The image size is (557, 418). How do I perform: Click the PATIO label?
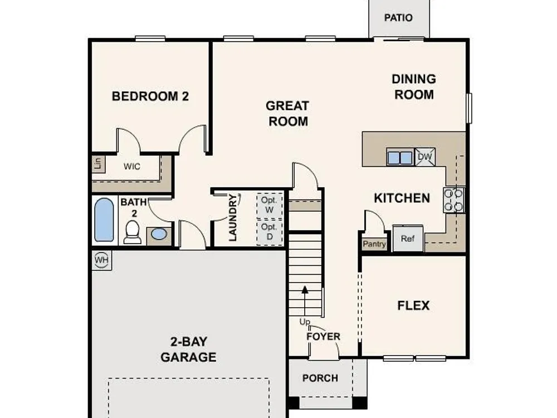click(x=398, y=18)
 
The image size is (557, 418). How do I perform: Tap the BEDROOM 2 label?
click(x=150, y=96)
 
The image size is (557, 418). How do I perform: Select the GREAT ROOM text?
click(x=288, y=113)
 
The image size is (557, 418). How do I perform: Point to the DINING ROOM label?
click(x=414, y=87)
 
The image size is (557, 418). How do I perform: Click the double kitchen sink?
click(x=400, y=157)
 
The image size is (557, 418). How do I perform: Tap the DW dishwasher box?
click(x=425, y=157)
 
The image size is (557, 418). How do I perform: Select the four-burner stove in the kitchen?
click(x=453, y=200)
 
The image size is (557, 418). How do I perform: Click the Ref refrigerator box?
click(x=408, y=238)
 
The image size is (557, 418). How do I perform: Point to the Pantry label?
click(x=374, y=244)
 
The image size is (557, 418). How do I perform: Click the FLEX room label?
click(x=413, y=305)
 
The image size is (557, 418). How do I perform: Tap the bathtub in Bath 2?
click(x=105, y=220)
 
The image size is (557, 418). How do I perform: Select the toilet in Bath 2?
click(x=133, y=232)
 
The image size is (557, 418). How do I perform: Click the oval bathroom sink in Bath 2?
click(x=158, y=234)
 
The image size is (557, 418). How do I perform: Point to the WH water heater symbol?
click(x=101, y=260)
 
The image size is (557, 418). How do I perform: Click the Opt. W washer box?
click(x=270, y=205)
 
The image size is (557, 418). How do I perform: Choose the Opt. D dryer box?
click(x=270, y=232)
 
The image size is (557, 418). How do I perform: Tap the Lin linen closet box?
click(x=99, y=164)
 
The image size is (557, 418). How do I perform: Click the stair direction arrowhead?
click(x=305, y=290)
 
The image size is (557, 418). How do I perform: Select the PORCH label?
click(x=320, y=378)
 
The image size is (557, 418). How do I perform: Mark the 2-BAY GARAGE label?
click(x=188, y=349)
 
